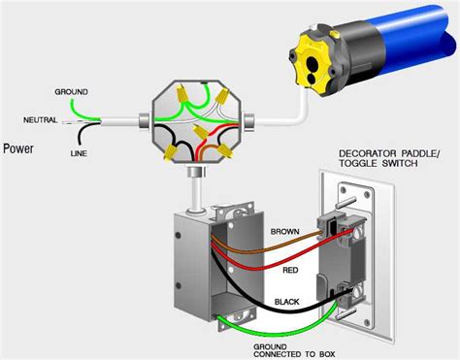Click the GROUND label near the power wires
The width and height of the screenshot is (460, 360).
(x=71, y=92)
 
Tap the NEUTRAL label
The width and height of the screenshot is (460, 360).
(x=40, y=120)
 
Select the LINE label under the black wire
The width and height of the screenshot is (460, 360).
(x=79, y=153)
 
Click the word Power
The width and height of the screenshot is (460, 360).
(x=18, y=148)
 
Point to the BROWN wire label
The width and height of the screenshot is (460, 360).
(x=285, y=232)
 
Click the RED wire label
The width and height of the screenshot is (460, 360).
(x=290, y=270)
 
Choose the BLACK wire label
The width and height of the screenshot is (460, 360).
(x=287, y=302)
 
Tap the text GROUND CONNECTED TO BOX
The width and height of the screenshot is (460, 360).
(x=294, y=350)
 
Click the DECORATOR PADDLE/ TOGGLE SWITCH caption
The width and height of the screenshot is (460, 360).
(x=389, y=158)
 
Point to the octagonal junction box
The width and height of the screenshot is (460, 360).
(x=197, y=122)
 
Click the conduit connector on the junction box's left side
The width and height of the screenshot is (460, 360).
(x=144, y=122)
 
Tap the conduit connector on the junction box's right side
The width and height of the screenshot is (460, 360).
(x=249, y=122)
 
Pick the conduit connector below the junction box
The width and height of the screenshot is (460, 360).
(x=197, y=172)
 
